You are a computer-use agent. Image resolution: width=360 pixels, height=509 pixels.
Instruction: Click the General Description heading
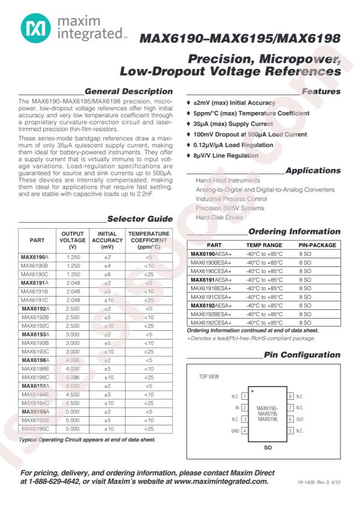pyautogui.click(x=128, y=91)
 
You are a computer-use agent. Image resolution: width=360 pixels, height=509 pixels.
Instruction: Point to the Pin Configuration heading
pyautogui.click(x=302, y=355)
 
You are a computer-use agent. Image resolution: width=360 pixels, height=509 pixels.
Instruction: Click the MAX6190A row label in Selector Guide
pyautogui.click(x=35, y=257)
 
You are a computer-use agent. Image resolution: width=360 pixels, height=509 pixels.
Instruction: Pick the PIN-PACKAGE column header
pyautogui.click(x=317, y=246)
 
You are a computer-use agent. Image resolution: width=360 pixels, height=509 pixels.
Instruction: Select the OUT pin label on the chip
pyautogui.click(x=300, y=419)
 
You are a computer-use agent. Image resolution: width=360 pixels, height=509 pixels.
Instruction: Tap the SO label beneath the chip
pyautogui.click(x=268, y=448)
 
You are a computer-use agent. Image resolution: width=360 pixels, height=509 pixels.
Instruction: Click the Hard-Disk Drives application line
pyautogui.click(x=219, y=217)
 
